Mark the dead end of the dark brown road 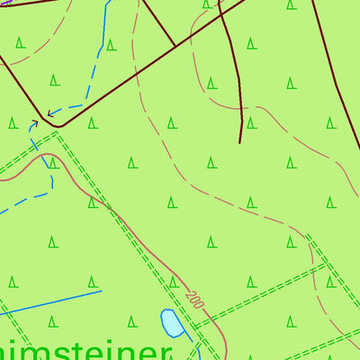coord(240,142)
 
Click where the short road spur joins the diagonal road coord(174,46)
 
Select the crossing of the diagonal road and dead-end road coord(221,15)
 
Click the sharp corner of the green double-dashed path coord(58,133)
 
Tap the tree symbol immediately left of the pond coord(132,319)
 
